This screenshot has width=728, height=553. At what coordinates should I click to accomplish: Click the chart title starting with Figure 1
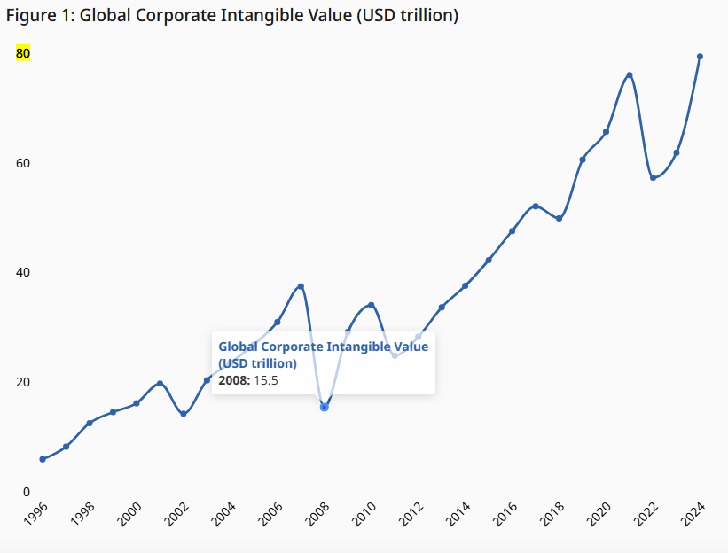(232, 16)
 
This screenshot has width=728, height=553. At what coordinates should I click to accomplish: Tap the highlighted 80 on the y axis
(23, 53)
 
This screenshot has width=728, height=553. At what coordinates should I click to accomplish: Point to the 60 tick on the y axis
(23, 163)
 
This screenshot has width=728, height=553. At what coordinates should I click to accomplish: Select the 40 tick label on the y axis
(23, 272)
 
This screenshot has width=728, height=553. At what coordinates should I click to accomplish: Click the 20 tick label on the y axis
(23, 382)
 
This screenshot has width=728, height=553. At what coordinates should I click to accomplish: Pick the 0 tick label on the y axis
(27, 492)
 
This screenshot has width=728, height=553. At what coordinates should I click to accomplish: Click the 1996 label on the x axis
(36, 515)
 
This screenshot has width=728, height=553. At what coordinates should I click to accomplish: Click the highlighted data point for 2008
(325, 407)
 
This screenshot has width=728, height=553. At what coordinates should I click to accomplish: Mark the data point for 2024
(701, 57)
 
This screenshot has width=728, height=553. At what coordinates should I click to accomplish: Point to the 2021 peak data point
(630, 75)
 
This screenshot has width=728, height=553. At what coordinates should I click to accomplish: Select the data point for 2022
(654, 178)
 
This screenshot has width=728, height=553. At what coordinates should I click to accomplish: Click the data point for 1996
(43, 459)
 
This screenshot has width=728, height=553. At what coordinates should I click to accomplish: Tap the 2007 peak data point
(301, 286)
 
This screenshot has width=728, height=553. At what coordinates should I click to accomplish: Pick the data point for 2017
(536, 206)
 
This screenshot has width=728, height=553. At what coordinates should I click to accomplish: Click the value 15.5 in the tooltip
(266, 380)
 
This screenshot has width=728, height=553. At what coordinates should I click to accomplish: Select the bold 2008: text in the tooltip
(235, 380)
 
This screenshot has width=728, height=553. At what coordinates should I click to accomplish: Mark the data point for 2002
(184, 414)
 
